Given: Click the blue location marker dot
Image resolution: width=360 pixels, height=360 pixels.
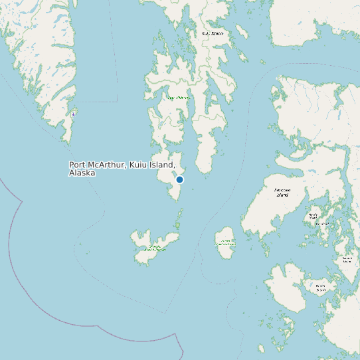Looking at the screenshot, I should [179, 179].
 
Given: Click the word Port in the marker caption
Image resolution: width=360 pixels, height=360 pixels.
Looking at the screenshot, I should [78, 165].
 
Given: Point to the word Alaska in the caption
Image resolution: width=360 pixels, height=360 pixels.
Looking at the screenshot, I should [82, 173].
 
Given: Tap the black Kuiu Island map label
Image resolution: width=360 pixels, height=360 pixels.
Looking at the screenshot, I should [213, 33].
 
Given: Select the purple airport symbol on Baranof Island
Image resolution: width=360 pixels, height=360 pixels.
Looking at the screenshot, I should [73, 114].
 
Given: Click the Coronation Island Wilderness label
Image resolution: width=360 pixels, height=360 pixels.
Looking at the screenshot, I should [157, 248].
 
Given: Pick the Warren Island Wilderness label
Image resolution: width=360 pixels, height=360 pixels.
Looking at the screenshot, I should [225, 243].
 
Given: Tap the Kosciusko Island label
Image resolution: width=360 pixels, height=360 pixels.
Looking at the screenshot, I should [282, 193].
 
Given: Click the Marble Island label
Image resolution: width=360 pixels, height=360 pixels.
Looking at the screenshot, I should [313, 216].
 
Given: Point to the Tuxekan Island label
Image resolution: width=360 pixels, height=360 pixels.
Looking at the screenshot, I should [347, 260].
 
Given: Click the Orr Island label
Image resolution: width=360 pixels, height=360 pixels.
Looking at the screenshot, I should [323, 224].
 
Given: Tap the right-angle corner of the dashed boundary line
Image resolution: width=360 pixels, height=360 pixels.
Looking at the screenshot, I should [118, 101].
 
